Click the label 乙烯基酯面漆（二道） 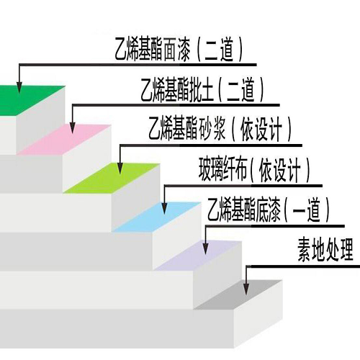(179, 49)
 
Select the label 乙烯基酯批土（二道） (202, 89)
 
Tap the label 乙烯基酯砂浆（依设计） (220, 130)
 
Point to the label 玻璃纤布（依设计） (254, 170)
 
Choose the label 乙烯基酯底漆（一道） (269, 210)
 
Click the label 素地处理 (325, 250)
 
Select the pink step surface (64, 140)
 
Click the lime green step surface (112, 178)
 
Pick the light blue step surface (157, 217)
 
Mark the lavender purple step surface (198, 256)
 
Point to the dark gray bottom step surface (238, 294)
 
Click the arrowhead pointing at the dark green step (19, 87)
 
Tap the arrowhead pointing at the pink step (73, 127)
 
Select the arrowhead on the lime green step (120, 168)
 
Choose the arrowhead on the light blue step (164, 208)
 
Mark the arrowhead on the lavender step (206, 248)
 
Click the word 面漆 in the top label (177, 50)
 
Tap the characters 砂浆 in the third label (212, 130)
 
